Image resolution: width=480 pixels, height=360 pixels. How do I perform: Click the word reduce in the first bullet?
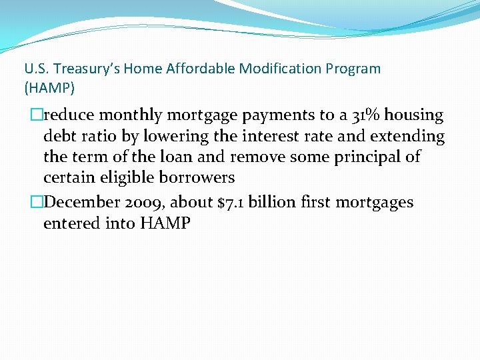point(69,115)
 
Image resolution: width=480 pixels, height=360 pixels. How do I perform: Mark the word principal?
point(368,157)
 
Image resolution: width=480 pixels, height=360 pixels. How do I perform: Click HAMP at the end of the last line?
point(165,223)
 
